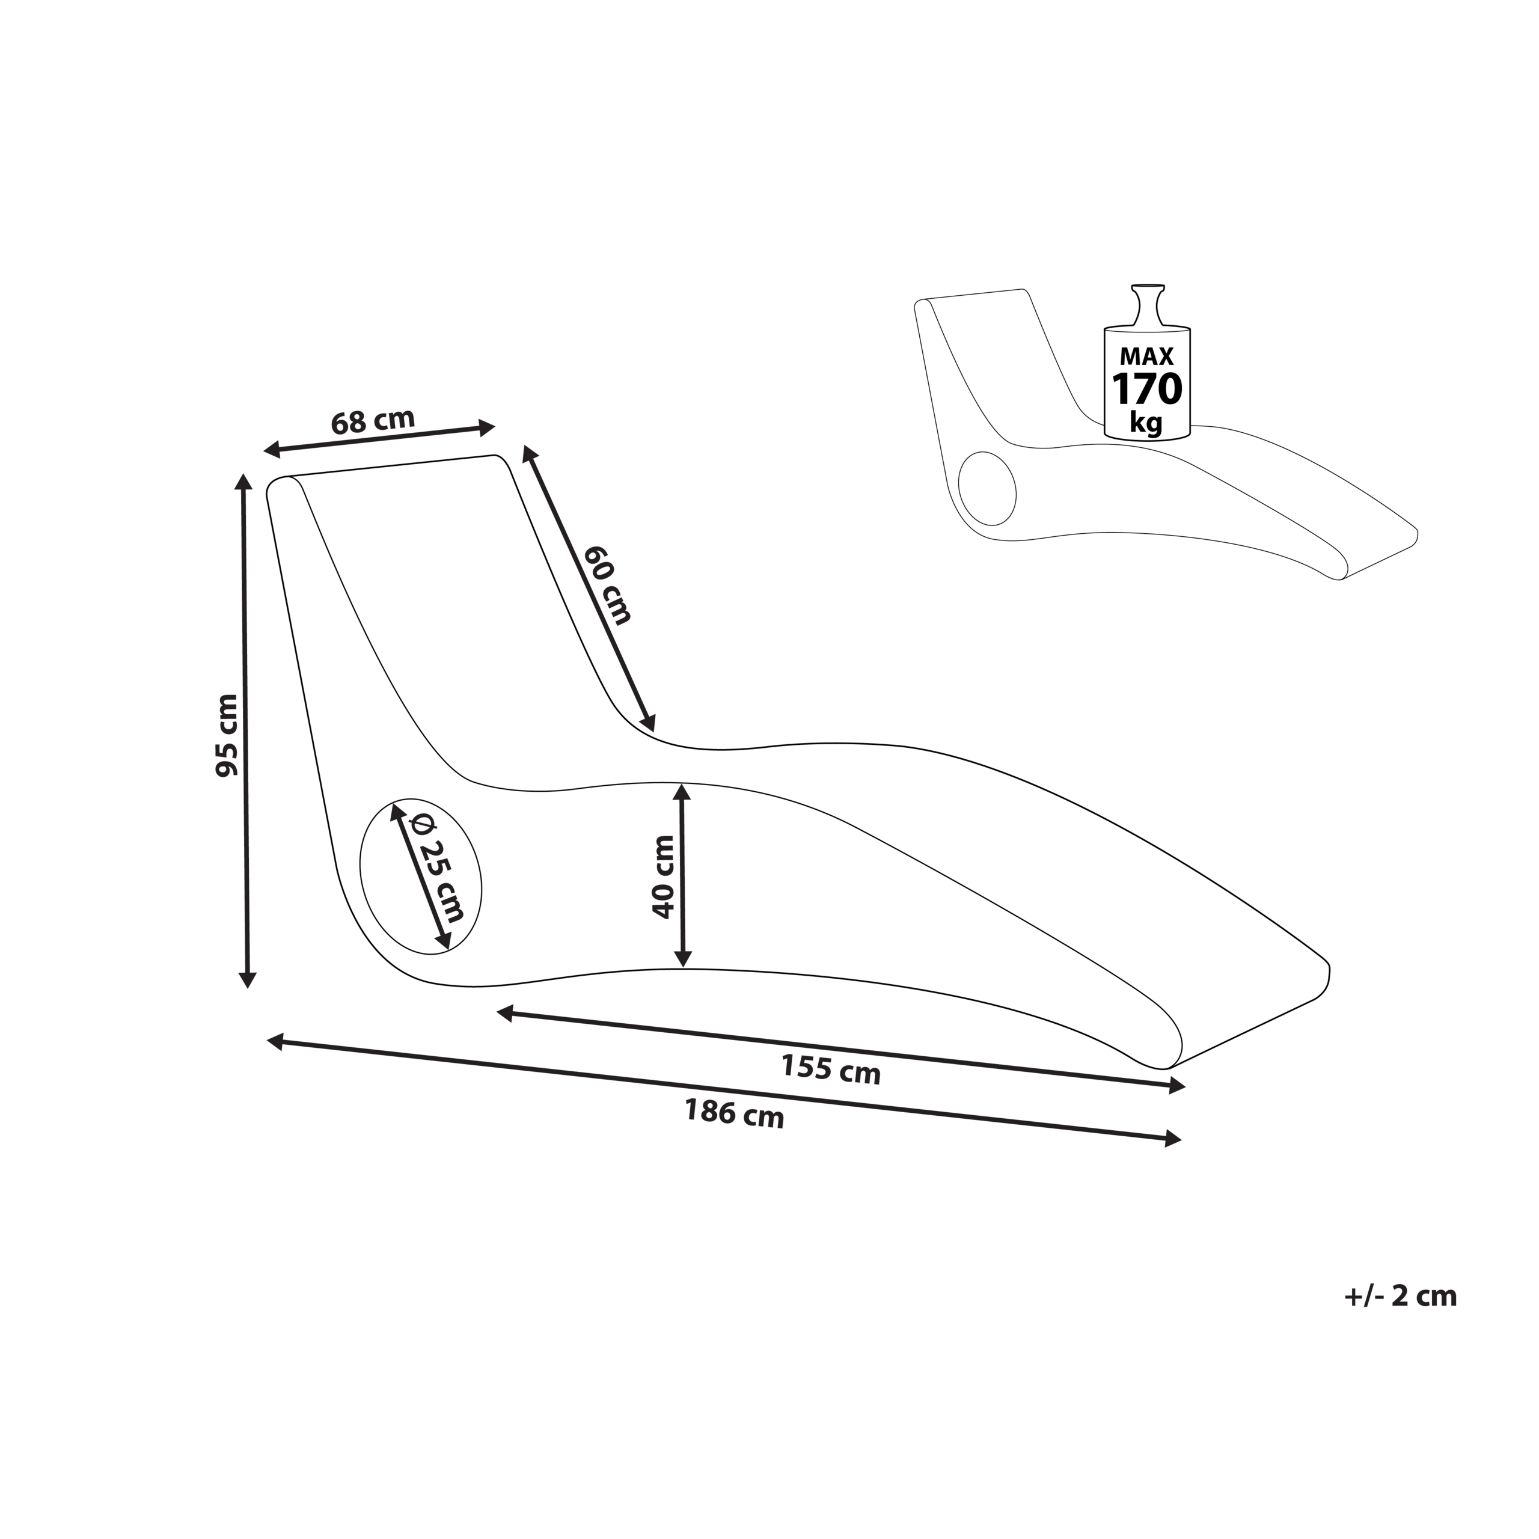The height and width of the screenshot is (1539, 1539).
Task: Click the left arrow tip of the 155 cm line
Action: tap(498, 1012)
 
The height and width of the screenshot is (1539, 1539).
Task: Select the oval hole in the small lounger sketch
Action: tap(988, 489)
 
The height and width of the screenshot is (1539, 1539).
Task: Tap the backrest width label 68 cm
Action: tap(373, 421)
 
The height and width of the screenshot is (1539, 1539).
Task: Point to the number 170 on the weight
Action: tap(1147, 390)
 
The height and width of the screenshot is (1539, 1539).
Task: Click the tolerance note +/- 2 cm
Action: tap(1400, 1296)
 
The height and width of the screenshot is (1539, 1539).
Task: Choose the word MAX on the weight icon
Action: tap(1147, 355)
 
